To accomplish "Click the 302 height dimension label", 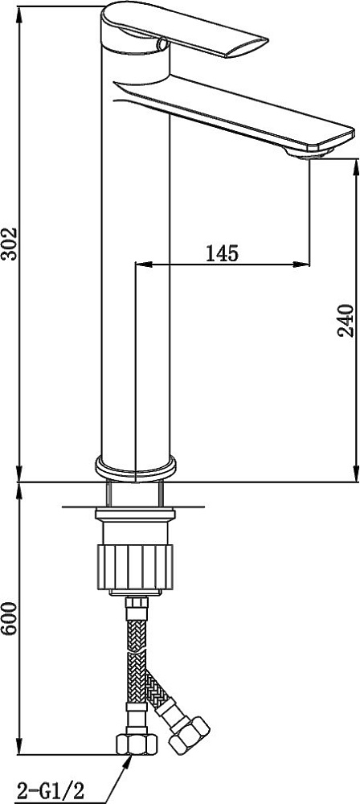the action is [9, 243].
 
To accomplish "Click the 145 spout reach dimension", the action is [222, 253].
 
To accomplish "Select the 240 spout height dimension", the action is [346, 321].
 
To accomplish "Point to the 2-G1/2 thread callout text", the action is [51, 788].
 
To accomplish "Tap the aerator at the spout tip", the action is [309, 152].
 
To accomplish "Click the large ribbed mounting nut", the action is [135, 568].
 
